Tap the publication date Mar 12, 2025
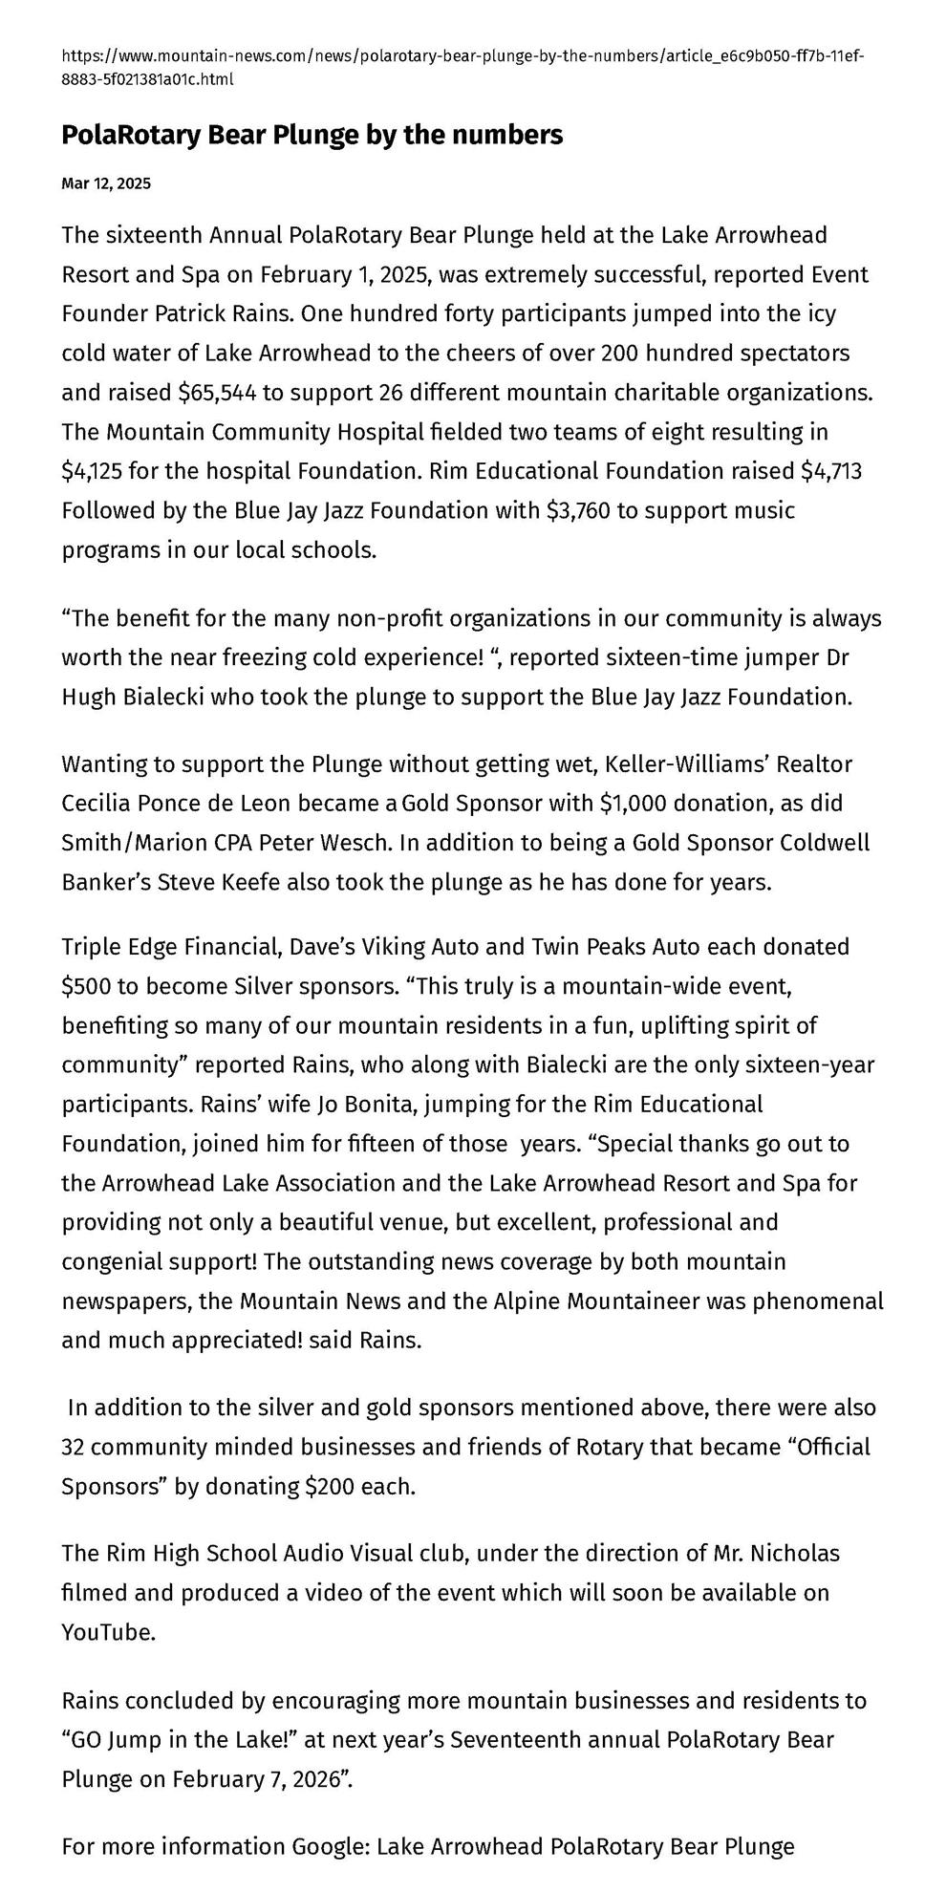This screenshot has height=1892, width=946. pos(106,183)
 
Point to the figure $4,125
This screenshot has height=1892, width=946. pos(92,471)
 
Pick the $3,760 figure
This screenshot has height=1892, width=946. pos(578,510)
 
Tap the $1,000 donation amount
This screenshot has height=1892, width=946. pos(632,803)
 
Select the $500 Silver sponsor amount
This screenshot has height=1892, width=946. pos(88,986)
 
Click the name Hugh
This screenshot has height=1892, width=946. pos(90,697)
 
